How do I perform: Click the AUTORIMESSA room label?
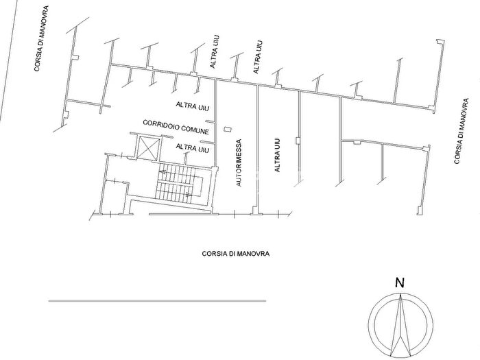tap(239, 163)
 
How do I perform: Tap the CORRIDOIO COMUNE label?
tap(176, 127)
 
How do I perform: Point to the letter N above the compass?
tap(400, 283)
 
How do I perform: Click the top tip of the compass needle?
tap(400, 293)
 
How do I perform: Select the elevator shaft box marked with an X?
tap(149, 148)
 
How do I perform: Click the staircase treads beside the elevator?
tap(176, 183)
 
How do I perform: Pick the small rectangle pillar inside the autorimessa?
tap(228, 129)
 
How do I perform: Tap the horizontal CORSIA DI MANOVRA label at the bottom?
tap(236, 254)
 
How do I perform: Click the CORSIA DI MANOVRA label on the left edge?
tap(42, 38)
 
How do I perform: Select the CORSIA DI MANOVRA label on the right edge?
tap(461, 131)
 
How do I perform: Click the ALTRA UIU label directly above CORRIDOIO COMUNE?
tap(193, 106)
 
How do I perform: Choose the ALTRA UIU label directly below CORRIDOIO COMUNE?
tap(193, 149)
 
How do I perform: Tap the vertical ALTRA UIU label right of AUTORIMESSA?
tap(277, 155)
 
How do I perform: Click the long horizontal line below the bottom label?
tap(157, 301)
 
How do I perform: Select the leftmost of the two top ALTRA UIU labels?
tap(215, 51)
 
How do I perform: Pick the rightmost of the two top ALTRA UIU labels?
tap(258, 57)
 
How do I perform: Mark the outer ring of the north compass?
tap(370, 325)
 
